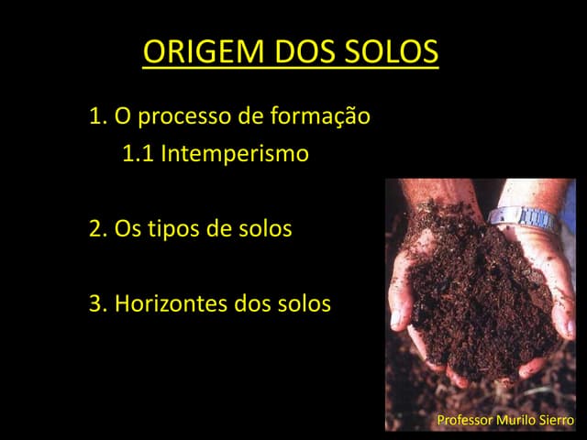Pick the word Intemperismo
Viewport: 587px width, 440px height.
tap(235, 154)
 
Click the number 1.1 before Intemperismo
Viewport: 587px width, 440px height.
tap(138, 154)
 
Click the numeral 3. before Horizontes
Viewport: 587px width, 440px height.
tap(98, 303)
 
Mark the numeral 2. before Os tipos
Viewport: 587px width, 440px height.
tap(98, 228)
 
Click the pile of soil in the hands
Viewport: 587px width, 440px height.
tap(477, 293)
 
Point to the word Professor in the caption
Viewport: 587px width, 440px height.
tap(464, 421)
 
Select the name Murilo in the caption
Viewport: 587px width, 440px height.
tap(516, 421)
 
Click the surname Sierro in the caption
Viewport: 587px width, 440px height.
tap(557, 421)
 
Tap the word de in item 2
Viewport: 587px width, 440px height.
tap(218, 228)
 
